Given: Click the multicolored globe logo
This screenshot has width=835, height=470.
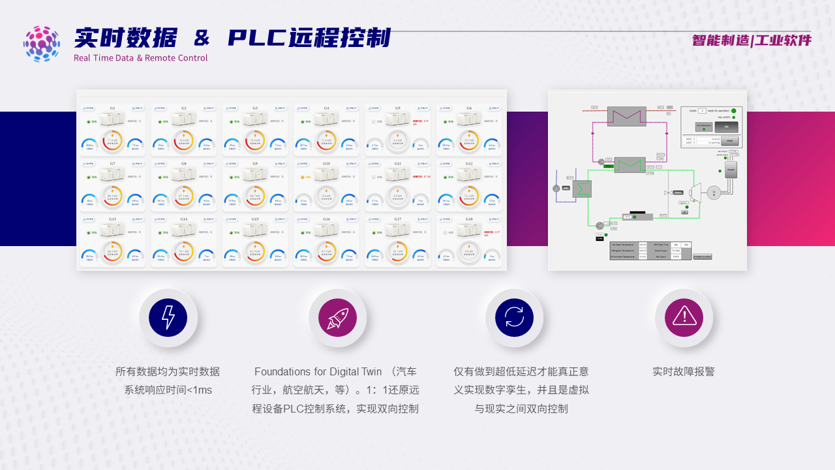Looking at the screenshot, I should click(x=42, y=44).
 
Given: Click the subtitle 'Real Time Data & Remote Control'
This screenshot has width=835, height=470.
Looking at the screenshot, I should click(x=140, y=58).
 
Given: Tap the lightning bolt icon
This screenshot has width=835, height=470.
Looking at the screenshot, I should click(x=168, y=318).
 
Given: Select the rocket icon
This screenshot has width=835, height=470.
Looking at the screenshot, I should click(x=337, y=318).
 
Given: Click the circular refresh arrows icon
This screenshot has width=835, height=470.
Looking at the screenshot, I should click(x=514, y=318).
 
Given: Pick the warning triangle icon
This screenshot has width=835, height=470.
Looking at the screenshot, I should click(x=684, y=318).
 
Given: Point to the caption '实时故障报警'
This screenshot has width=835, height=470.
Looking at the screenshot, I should click(x=684, y=371).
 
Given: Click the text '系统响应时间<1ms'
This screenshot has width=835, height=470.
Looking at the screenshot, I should click(x=168, y=390).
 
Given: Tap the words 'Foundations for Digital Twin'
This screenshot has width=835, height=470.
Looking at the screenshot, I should click(x=318, y=371).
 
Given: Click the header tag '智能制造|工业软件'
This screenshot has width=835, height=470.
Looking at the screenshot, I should click(x=751, y=40).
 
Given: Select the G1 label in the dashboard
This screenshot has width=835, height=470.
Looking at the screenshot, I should click(x=112, y=108).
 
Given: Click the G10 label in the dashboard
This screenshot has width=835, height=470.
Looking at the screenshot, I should click(x=326, y=163).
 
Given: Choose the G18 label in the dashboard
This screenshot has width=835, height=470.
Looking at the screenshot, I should click(x=469, y=219).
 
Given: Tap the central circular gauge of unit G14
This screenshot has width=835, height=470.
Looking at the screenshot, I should click(x=183, y=251).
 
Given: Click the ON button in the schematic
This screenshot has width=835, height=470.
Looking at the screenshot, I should click(x=726, y=127).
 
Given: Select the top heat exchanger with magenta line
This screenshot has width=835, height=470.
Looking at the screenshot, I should click(x=626, y=116).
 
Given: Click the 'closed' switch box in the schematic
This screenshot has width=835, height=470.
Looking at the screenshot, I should click(x=731, y=169).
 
